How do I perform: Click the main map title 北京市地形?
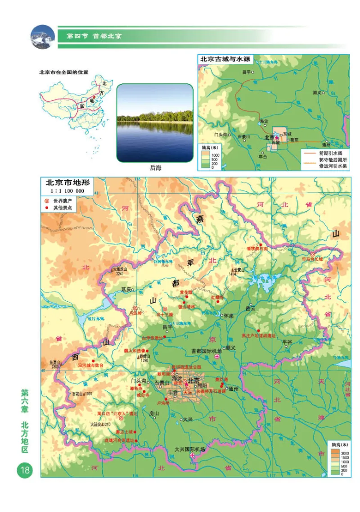click(66, 183)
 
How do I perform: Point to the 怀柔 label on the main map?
click(229, 315)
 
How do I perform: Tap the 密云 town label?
click(250, 309)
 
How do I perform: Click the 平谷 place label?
click(287, 342)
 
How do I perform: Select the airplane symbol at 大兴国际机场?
click(193, 456)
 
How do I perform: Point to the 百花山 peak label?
click(81, 394)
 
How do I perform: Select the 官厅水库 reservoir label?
click(95, 318)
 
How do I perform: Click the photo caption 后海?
click(155, 168)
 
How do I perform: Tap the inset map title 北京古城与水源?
click(225, 59)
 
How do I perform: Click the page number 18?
click(23, 470)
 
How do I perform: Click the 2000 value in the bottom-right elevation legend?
click(345, 452)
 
